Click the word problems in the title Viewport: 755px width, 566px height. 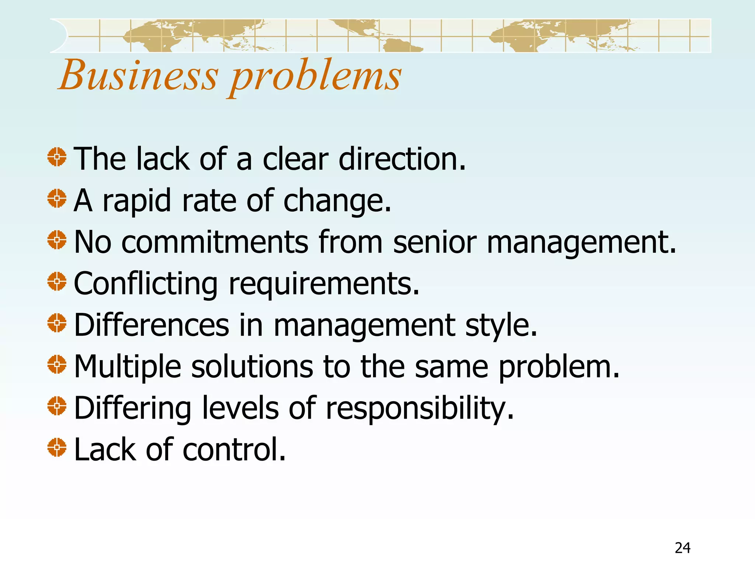(x=316, y=77)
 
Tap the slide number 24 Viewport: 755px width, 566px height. (x=682, y=548)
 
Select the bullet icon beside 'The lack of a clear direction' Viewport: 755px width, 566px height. (x=57, y=157)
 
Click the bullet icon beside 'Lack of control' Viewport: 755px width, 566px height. (x=57, y=447)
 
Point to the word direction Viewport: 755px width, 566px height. (x=402, y=159)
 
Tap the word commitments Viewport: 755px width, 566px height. (x=215, y=242)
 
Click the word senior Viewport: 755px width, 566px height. (x=435, y=242)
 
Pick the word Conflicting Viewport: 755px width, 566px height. (x=146, y=284)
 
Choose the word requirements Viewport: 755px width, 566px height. (x=324, y=284)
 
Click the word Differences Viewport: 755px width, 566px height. (x=152, y=325)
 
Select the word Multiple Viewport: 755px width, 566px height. (x=128, y=367)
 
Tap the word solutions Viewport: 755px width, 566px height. (x=252, y=367)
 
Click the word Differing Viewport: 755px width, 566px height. (x=132, y=409)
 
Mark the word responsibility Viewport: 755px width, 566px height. (x=420, y=409)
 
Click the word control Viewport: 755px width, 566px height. (x=234, y=450)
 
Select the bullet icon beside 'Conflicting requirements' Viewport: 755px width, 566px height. (x=57, y=282)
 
